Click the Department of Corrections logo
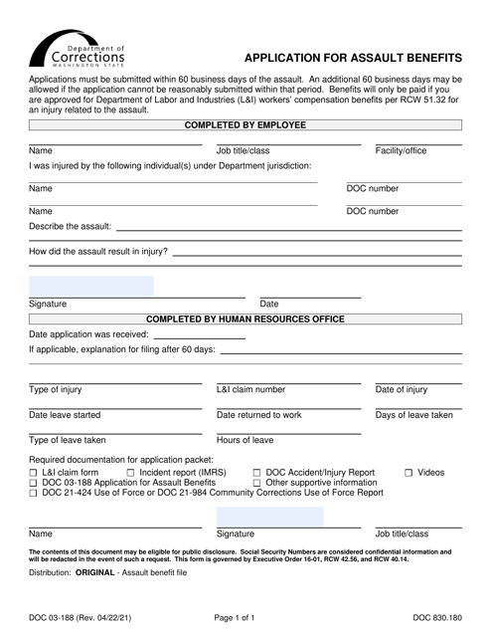coord(81,45)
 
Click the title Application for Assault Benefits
coord(353,58)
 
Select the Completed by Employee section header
coord(245,125)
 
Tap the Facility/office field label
coord(400,151)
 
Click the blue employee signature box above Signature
coord(91,287)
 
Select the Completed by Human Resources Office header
coord(245,319)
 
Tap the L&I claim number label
coord(250,389)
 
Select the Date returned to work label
coord(258,415)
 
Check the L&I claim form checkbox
coord(34,472)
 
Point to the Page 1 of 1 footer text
coord(245,616)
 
